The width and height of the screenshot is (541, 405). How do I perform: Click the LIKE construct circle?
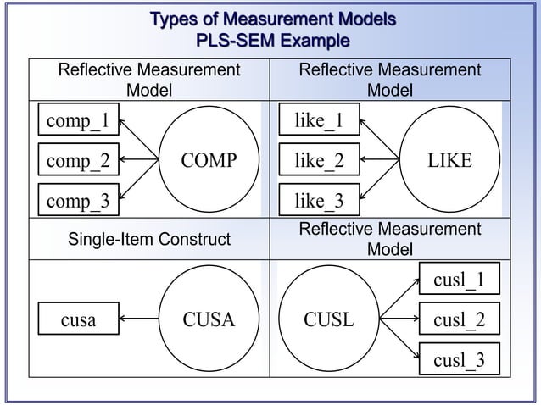[x=449, y=160]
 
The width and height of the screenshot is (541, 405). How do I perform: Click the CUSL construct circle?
[x=329, y=319]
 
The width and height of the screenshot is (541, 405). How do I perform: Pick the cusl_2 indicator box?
[x=459, y=319]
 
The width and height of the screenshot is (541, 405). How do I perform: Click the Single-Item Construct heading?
[x=148, y=241]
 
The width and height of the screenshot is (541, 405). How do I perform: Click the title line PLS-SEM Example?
[x=271, y=40]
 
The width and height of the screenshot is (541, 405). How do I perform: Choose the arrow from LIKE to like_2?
[x=381, y=160]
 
